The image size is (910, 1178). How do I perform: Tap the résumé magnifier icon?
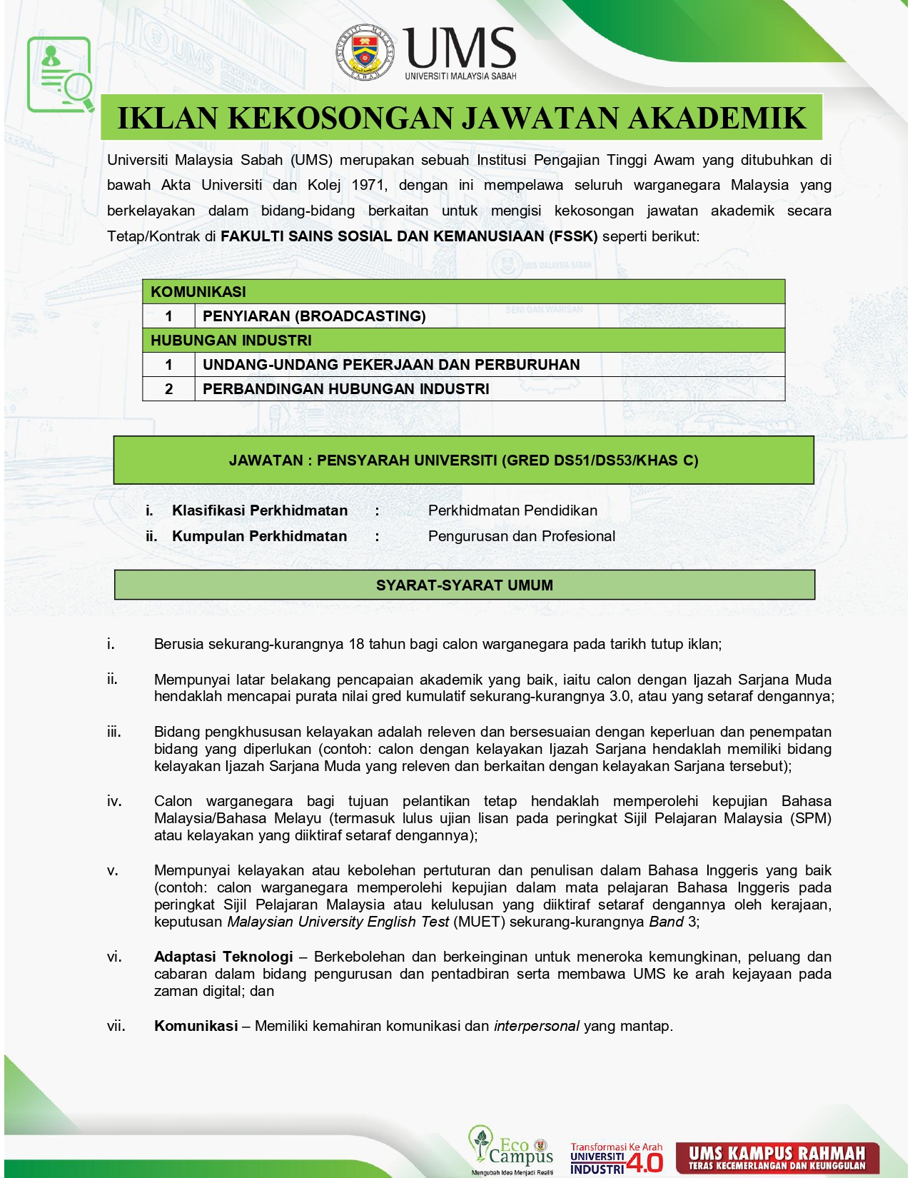(61, 75)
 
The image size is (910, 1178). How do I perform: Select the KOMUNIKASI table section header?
(198, 292)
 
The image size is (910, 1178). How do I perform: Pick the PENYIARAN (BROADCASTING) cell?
(314, 316)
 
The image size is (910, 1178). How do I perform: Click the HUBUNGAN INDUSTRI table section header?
(231, 341)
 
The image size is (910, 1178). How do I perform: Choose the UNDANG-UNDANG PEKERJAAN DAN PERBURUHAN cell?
(391, 365)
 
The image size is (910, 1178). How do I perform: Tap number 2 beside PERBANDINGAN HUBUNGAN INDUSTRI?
(169, 389)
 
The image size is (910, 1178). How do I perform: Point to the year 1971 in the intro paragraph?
(368, 185)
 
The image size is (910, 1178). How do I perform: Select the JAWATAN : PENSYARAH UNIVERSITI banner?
(463, 460)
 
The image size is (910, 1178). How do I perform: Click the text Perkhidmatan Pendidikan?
(512, 510)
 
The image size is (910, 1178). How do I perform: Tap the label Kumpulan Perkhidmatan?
(259, 536)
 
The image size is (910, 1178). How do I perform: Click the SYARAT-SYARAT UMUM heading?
(464, 585)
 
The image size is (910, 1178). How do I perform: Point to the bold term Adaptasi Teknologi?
(223, 957)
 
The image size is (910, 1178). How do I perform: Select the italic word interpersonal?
(536, 1026)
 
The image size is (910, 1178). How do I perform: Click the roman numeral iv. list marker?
(114, 801)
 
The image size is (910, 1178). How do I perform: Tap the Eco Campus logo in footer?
(511, 1149)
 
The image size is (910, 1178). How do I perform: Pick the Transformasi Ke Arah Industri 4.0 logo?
(616, 1157)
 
